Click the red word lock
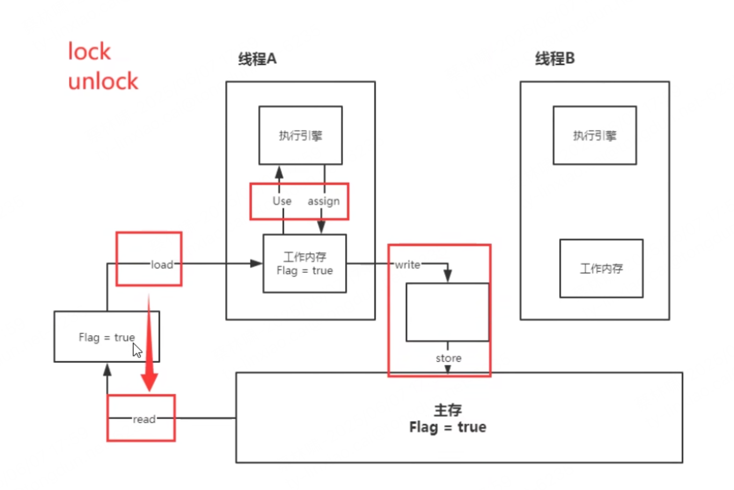tap(89, 52)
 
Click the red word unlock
tap(103, 81)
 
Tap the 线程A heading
tap(257, 58)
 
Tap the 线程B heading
tap(555, 58)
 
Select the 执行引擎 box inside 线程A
tap(300, 135)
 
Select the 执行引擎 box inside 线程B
tap(594, 135)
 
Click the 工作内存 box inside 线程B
tap(601, 268)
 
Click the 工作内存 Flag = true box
tap(304, 264)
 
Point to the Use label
tap(282, 201)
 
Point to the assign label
tap(324, 201)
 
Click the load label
tap(162, 264)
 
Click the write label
tap(407, 264)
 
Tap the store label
tap(448, 358)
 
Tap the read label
tap(144, 419)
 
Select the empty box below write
tap(447, 312)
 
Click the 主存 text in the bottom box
tap(447, 410)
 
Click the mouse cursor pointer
tap(137, 351)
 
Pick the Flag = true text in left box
tap(106, 337)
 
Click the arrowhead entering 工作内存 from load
tap(256, 263)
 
